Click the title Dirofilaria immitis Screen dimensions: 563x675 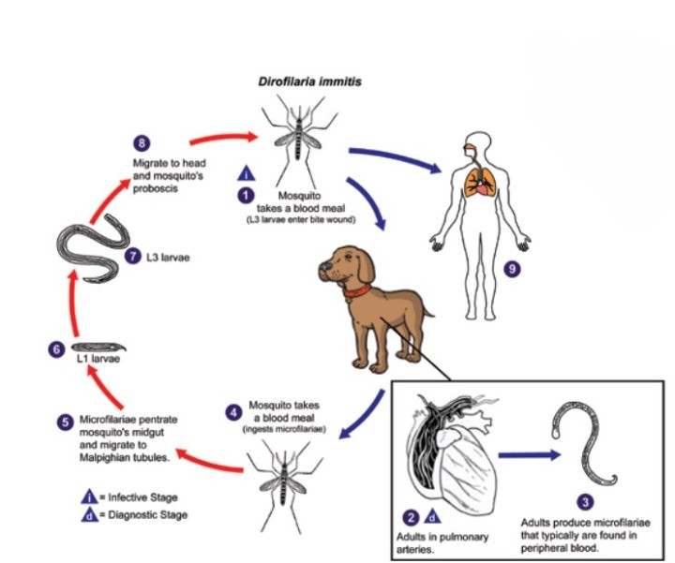[309, 82]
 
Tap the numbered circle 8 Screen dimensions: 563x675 [142, 142]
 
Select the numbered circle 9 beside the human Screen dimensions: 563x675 [511, 270]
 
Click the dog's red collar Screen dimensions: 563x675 [358, 291]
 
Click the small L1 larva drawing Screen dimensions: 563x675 [96, 346]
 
